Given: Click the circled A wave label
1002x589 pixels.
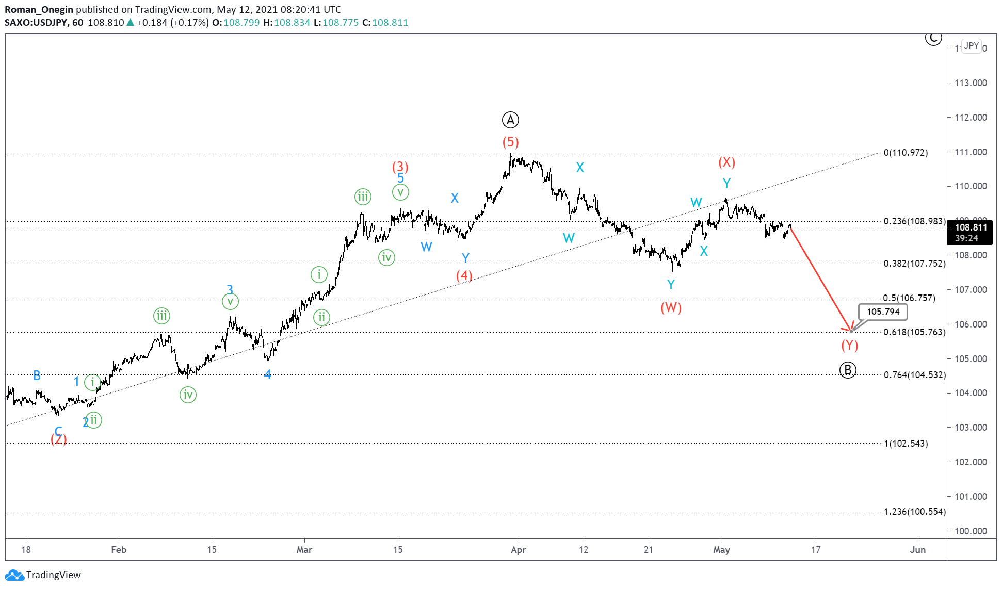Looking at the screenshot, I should point(510,120).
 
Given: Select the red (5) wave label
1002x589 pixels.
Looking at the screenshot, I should point(510,142).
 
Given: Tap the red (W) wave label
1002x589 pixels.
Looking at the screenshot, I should point(671,307).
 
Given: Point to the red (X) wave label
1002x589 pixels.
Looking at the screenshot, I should point(726,162).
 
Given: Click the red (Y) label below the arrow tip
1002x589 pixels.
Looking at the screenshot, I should point(849,345).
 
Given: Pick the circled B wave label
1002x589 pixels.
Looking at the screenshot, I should point(848,370).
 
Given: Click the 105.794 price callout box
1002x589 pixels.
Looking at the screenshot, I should point(883,312).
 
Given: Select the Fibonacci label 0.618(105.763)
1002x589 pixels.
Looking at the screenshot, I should point(914,332).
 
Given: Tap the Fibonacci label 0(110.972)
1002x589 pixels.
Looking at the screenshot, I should point(906,153).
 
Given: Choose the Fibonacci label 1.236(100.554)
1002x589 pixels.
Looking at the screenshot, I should point(914,512).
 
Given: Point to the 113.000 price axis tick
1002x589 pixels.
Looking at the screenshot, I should point(971,83).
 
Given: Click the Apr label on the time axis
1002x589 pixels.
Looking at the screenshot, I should point(518,550).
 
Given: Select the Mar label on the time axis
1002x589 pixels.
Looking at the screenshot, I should point(304,550).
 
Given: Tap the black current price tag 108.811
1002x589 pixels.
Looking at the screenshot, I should point(970,227).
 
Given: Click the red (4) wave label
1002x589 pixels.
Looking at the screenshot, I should point(464,275).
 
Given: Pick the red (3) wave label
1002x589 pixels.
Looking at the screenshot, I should point(400,167).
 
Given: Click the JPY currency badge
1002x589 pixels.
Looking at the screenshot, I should point(971,46).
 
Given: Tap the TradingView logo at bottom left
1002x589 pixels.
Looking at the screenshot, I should point(43,575).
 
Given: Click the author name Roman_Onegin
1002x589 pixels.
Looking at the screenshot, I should point(39,9).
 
